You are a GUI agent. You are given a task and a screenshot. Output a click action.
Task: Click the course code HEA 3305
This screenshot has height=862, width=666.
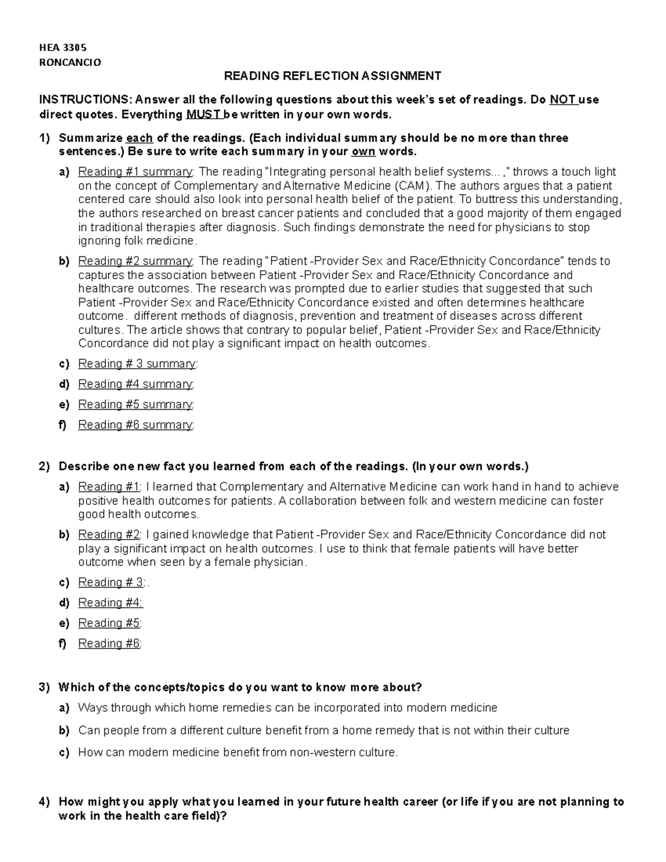tap(62, 48)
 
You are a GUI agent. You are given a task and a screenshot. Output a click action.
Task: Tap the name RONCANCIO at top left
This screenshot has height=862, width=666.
tap(70, 62)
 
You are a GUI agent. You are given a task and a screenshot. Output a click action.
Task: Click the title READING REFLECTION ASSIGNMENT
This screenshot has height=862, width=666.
tap(332, 76)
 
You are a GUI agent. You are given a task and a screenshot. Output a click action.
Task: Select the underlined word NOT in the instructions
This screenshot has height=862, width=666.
tap(562, 100)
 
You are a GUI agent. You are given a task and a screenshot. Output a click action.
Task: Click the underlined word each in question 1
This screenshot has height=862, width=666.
tap(139, 138)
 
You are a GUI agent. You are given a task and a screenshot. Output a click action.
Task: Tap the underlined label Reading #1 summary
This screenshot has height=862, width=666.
tap(135, 172)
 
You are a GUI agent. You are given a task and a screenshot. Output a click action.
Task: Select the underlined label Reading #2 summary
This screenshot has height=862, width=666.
tap(135, 261)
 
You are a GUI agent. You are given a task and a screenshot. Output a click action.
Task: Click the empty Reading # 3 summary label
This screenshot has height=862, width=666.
tap(137, 364)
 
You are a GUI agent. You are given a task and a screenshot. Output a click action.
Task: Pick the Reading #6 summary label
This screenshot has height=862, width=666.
tap(135, 425)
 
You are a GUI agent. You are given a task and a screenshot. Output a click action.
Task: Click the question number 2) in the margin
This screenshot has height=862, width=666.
tap(44, 466)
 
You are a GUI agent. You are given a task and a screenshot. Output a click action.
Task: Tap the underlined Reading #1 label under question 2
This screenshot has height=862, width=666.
tap(109, 487)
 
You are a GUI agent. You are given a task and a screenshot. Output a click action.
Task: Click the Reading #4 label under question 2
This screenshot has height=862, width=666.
tap(110, 603)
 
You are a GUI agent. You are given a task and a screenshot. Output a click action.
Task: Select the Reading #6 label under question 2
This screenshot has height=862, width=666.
tap(109, 644)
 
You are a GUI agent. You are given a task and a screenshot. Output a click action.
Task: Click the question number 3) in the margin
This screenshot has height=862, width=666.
tap(44, 688)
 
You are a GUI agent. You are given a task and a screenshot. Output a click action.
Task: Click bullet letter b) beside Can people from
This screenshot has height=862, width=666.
tap(64, 731)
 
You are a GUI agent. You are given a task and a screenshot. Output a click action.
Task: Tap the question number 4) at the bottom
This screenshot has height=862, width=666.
tap(44, 802)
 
